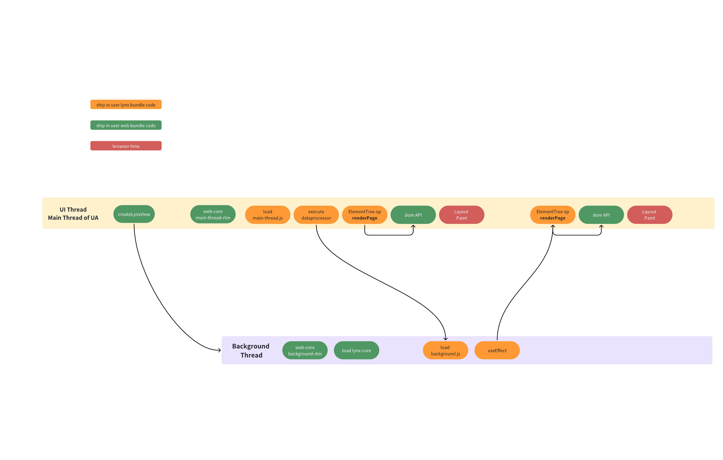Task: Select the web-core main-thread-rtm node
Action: pos(213,214)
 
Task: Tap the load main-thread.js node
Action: pos(268,215)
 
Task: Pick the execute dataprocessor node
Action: pos(316,215)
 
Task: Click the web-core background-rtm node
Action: pos(305,350)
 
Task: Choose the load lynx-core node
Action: pos(356,350)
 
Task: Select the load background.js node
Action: pos(445,350)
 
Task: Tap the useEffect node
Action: pos(497,350)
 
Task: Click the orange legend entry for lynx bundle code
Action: pos(126,105)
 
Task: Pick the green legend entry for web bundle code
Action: pos(126,125)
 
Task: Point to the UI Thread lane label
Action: pos(73,213)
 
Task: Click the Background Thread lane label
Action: pos(251,350)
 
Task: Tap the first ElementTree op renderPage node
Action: pos(364,215)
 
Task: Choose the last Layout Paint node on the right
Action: pos(650,215)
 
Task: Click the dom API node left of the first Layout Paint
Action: pos(413,215)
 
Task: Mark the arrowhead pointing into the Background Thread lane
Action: pos(220,350)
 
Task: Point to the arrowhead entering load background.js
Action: pos(446,339)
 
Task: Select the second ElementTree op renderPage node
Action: pos(552,215)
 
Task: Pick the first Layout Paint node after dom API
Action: pos(462,215)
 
